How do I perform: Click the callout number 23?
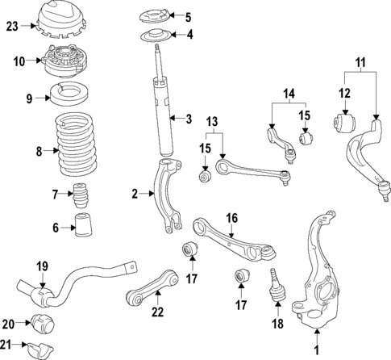(x=12, y=26)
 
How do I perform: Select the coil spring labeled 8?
(x=76, y=149)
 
